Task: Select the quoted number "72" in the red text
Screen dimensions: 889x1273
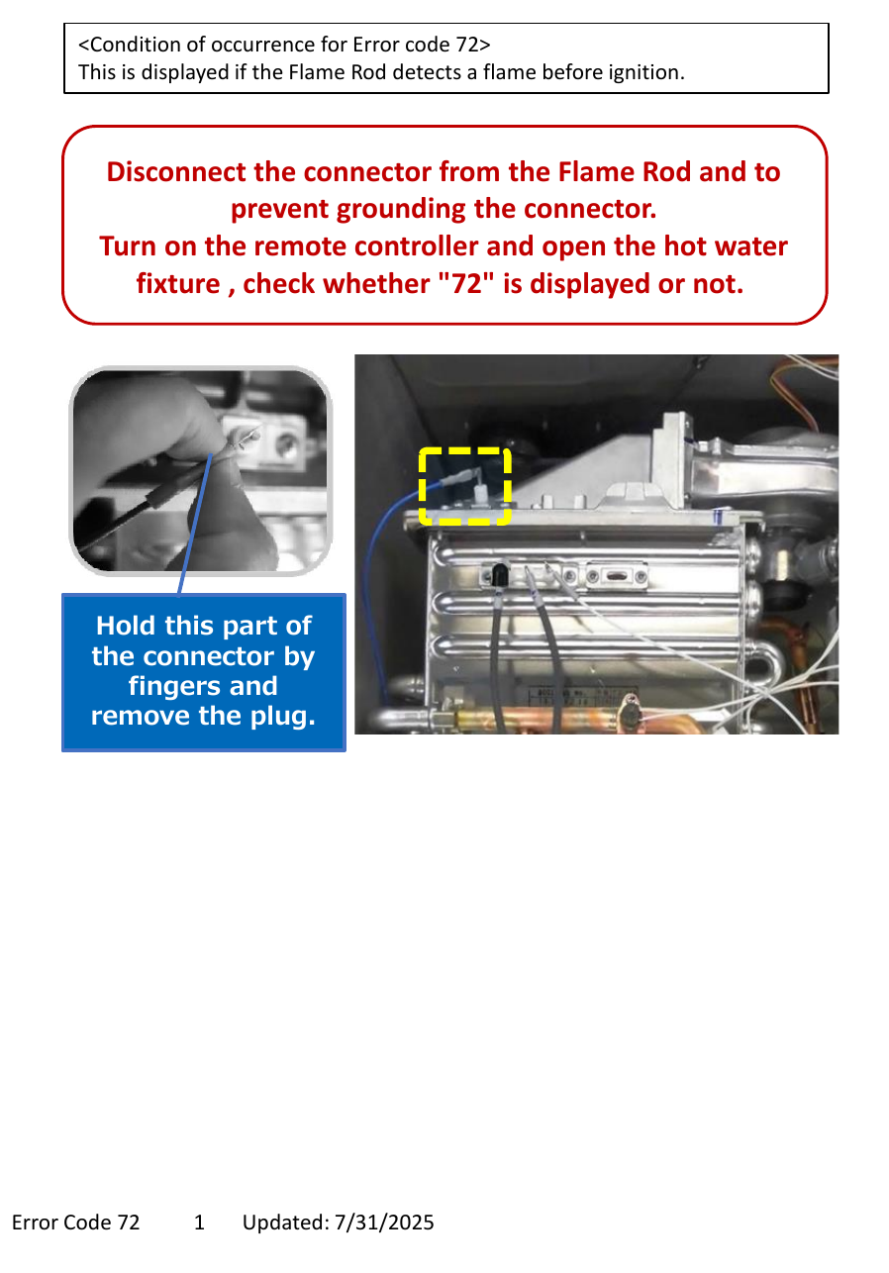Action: click(x=466, y=283)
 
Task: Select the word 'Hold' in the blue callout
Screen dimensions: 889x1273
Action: click(x=126, y=626)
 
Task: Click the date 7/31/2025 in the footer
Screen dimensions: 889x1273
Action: click(x=384, y=1223)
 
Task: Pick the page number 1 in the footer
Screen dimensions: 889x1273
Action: click(x=199, y=1223)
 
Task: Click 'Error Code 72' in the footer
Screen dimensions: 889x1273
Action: click(x=75, y=1223)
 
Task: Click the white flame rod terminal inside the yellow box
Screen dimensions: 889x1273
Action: click(x=479, y=491)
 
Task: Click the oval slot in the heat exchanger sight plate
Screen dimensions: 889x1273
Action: click(x=616, y=576)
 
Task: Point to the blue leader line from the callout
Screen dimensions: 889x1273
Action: click(x=195, y=524)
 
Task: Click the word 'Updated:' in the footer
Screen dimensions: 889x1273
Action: click(x=286, y=1223)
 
